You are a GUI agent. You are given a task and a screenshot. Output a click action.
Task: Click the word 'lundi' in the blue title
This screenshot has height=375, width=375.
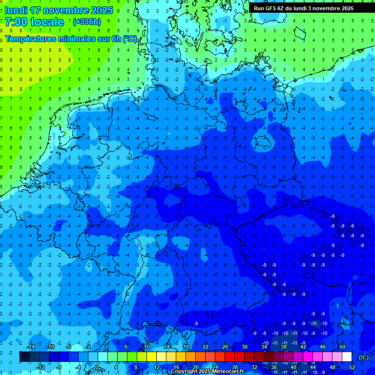pos(16,10)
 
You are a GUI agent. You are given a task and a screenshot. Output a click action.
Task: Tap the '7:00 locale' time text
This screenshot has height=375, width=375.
pos(34,22)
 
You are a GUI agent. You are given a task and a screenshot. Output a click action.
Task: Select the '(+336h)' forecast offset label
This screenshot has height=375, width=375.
pos(87,22)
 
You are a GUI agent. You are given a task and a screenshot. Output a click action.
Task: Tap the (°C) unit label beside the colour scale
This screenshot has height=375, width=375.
pos(363,357)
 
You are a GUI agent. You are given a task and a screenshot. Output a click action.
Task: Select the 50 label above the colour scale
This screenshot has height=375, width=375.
pos(342,347)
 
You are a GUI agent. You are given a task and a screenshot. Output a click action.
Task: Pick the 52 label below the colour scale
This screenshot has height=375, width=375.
pos(352,367)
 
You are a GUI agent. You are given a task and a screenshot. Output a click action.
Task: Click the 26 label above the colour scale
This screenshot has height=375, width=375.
pos(225,347)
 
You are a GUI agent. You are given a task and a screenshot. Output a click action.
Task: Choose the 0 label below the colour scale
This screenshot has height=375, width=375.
pos(97,367)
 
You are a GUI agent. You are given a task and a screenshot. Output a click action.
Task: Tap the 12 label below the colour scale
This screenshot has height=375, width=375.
pos(156,367)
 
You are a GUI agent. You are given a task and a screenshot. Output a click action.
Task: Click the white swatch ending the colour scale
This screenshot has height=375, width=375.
pos(347,357)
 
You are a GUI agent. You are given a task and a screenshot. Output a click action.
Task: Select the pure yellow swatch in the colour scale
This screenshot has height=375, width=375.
pos(151,357)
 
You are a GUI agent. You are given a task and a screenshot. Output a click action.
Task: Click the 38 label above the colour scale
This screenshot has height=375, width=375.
pos(283,347)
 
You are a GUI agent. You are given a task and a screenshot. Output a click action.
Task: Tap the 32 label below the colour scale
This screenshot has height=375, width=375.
pos(254,367)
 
